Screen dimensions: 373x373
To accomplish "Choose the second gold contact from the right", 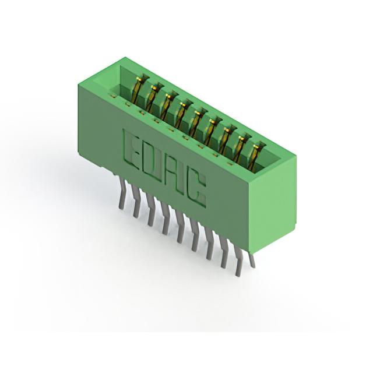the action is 241,147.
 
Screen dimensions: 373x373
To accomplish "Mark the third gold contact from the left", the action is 167,106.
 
